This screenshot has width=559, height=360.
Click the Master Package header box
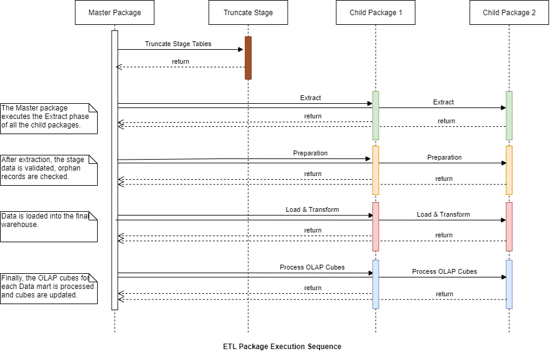(x=114, y=13)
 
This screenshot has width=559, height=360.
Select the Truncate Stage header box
(x=248, y=13)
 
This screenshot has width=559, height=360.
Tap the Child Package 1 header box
(x=375, y=13)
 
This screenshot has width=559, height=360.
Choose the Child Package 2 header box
(x=509, y=13)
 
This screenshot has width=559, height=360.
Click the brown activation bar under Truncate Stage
(x=248, y=58)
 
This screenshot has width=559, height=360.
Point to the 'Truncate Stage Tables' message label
(x=178, y=44)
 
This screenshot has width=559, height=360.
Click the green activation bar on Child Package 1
(x=376, y=115)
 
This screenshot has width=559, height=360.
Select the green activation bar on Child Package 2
(x=509, y=115)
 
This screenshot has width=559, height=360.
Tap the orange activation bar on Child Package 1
(x=376, y=170)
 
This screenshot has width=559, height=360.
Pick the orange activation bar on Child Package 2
(x=509, y=170)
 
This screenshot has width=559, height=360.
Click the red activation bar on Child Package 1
(x=376, y=226)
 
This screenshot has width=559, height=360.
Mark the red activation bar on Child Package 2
(x=509, y=226)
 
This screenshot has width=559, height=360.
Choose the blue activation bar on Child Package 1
(x=376, y=284)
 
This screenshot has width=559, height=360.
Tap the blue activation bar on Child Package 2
(x=509, y=284)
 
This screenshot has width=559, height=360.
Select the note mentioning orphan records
(x=49, y=169)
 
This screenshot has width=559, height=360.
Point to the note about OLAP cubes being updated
(x=49, y=288)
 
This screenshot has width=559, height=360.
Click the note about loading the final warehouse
(x=49, y=226)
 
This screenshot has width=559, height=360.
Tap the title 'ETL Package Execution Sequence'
(x=282, y=347)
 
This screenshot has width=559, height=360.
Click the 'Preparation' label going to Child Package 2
(x=444, y=157)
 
